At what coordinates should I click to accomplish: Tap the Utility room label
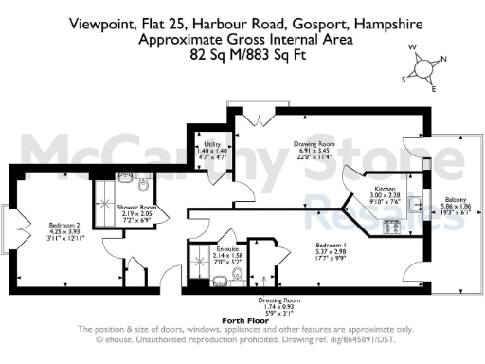[x=213, y=121]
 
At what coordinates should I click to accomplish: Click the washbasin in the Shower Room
[x=124, y=176]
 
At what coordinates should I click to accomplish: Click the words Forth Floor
[x=242, y=321]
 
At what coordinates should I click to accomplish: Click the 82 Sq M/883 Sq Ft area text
[x=242, y=55]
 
